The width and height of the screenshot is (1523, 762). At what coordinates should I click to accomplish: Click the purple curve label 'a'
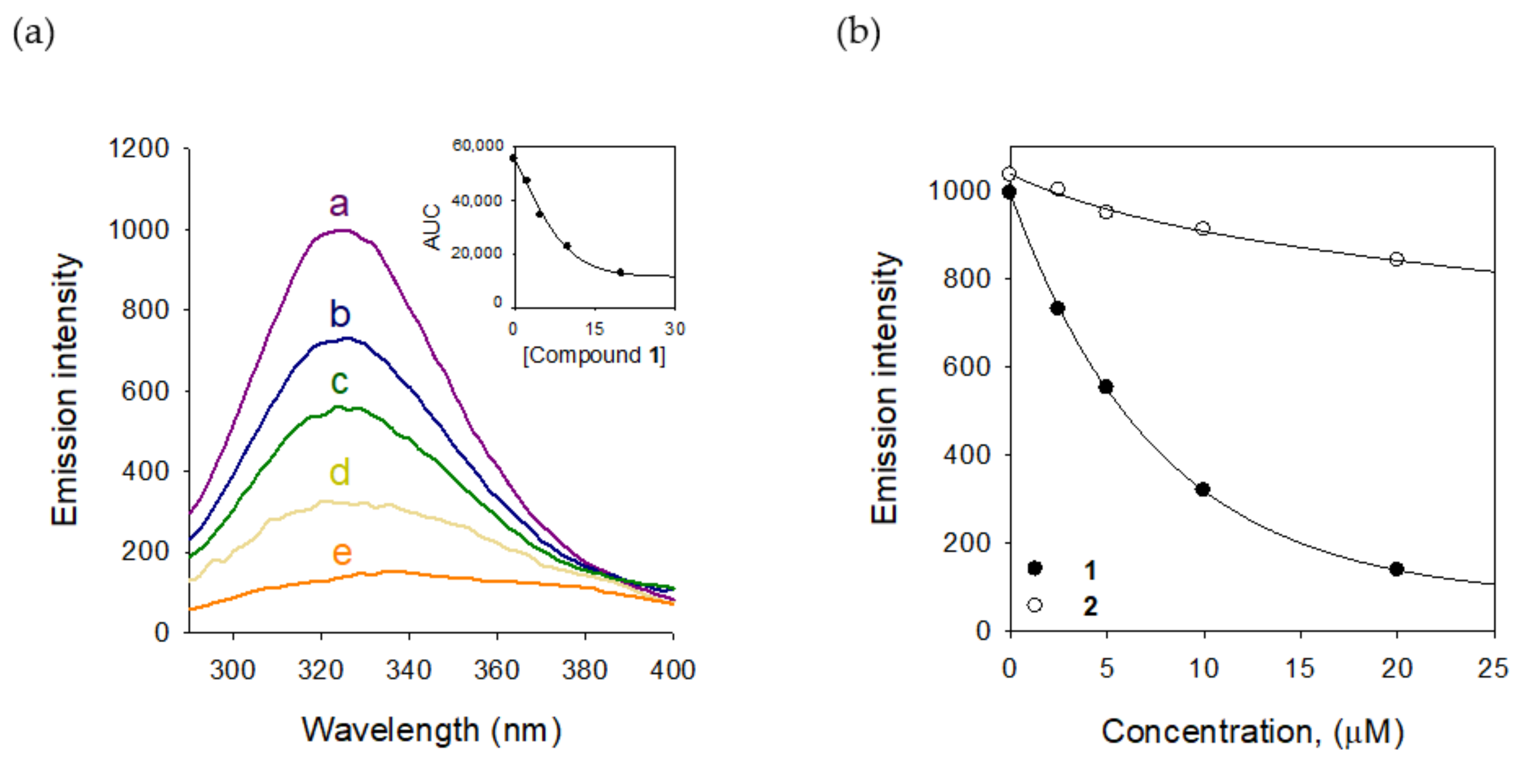339,204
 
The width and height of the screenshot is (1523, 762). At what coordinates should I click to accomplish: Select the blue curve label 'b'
339,314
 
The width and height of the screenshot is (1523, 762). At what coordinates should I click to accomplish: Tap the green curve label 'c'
339,381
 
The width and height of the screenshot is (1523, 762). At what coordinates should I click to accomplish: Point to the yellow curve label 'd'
339,473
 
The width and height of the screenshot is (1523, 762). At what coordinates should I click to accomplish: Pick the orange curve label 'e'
342,553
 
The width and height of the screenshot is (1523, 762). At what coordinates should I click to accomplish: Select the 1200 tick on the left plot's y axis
138,148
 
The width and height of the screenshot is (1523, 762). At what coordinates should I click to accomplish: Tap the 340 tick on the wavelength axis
409,670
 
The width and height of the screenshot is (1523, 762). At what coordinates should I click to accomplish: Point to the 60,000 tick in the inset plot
478,145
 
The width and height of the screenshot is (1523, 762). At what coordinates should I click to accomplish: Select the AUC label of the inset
433,227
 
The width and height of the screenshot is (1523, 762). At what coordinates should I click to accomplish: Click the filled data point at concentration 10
1203,489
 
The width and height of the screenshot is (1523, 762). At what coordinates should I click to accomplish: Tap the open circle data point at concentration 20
1397,259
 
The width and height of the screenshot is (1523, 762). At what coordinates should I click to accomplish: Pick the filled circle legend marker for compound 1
1035,568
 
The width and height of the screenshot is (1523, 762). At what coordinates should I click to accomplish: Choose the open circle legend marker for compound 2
1035,605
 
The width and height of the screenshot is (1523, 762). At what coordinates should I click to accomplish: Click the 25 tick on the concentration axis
1493,668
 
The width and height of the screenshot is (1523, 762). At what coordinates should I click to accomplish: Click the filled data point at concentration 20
1397,569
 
